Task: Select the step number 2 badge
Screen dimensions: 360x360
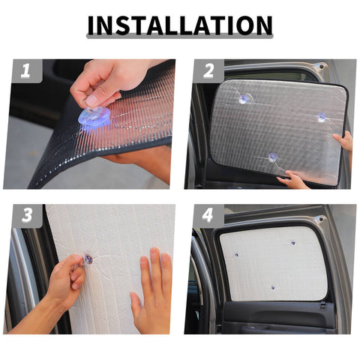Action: click(208, 72)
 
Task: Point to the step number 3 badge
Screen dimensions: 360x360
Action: click(26, 216)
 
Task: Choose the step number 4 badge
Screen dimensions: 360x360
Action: click(208, 217)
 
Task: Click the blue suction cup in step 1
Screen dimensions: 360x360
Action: click(94, 116)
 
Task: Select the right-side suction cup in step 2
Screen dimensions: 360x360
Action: click(321, 118)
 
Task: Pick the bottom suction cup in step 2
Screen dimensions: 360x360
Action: click(272, 157)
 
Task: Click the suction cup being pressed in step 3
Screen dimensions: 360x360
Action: click(88, 259)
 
